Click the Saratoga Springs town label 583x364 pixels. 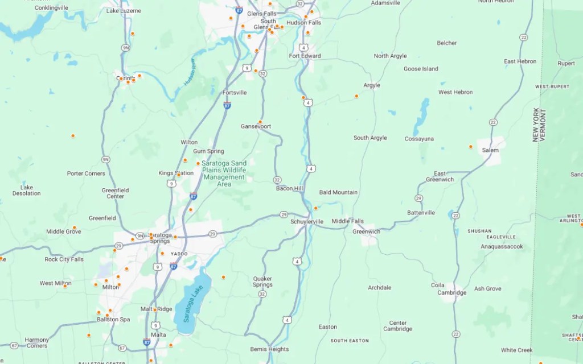coord(159,238)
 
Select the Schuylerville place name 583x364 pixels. coord(307,221)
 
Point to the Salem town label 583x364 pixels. coord(490,150)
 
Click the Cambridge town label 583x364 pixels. coord(451,293)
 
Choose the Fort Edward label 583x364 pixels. coord(305,56)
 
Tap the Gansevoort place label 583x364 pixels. coord(256,126)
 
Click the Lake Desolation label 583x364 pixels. coord(27,190)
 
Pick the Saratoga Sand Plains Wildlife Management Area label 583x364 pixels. coord(224,173)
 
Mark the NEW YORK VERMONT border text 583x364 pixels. coord(539,125)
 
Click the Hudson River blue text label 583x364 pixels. coord(190,75)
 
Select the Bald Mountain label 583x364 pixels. coord(338,192)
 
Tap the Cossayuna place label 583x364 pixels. coord(419,139)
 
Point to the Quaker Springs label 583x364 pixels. coord(262,282)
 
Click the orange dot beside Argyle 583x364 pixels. coord(356,96)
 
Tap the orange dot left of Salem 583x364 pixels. coord(470,147)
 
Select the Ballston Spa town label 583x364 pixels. coord(113,320)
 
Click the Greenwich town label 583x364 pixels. coord(366,231)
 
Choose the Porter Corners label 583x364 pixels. coord(86,173)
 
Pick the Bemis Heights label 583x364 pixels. coord(269,349)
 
